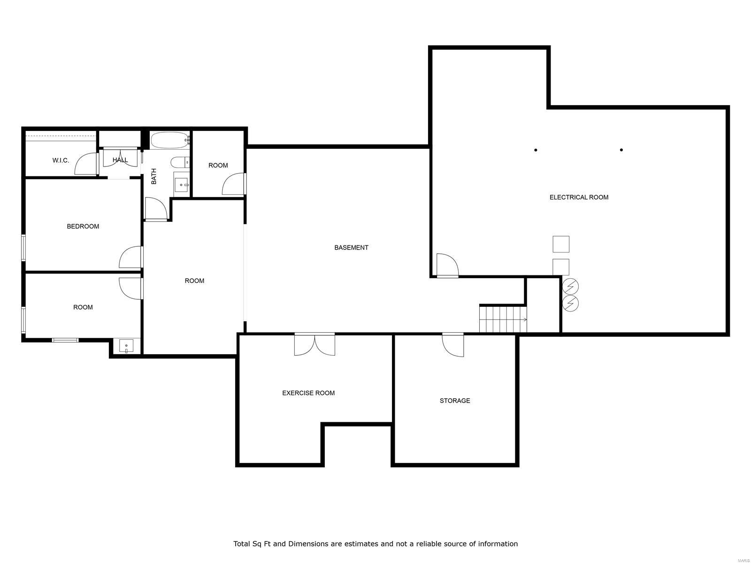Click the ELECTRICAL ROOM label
click(x=579, y=198)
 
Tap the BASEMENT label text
click(x=351, y=248)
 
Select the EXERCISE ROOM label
click(x=308, y=393)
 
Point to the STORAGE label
click(x=454, y=401)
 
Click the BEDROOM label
click(x=83, y=227)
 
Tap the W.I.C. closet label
click(x=61, y=160)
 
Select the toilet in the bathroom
click(x=180, y=163)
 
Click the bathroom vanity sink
click(x=181, y=184)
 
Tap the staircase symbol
click(x=503, y=319)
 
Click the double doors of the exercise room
click(x=315, y=344)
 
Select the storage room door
click(x=453, y=344)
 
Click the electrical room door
click(x=447, y=265)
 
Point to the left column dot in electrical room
click(x=536, y=150)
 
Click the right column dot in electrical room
click(x=621, y=150)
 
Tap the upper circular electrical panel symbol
click(x=570, y=286)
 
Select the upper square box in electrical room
click(x=561, y=244)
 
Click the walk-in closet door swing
click(x=86, y=164)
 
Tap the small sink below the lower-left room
click(x=126, y=346)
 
